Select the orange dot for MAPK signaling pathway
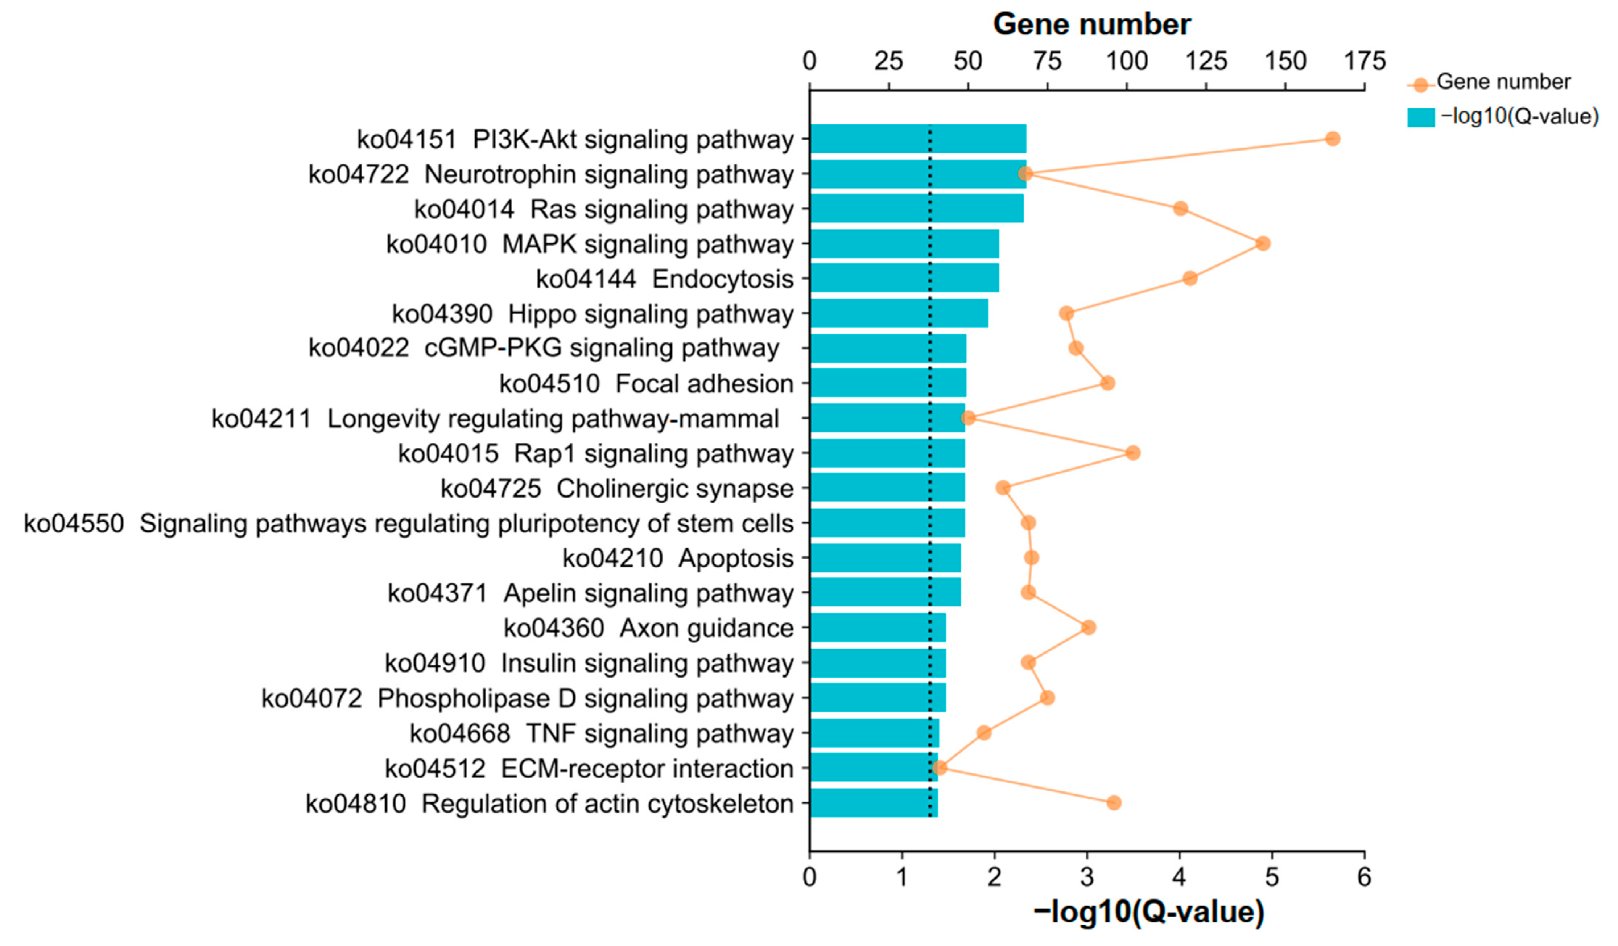pyautogui.click(x=1262, y=243)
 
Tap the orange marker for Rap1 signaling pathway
pyautogui.click(x=1132, y=453)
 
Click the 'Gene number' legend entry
pyautogui.click(x=1502, y=82)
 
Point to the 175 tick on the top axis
pyautogui.click(x=1365, y=61)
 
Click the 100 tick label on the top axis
pyautogui.click(x=1127, y=61)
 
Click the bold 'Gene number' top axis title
pyautogui.click(x=1091, y=24)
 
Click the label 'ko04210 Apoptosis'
pyautogui.click(x=677, y=558)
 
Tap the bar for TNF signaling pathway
pyautogui.click(x=873, y=733)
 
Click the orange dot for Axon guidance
pyautogui.click(x=1087, y=628)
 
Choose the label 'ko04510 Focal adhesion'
pyautogui.click(x=646, y=383)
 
